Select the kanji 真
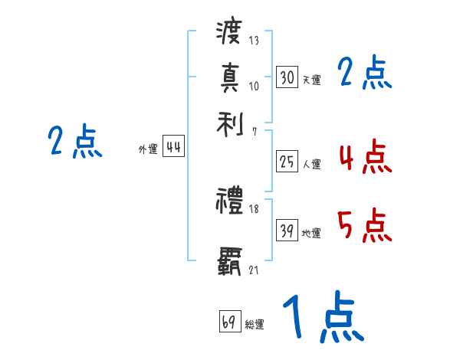[x=229, y=78]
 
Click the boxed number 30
[x=287, y=77]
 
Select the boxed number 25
[x=287, y=162]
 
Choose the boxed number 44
[x=174, y=148]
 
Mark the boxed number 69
[x=229, y=321]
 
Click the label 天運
[x=311, y=80]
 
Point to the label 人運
[x=311, y=164]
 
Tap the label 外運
[x=148, y=150]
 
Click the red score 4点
[x=364, y=157]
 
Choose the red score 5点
[x=364, y=225]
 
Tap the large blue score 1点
[x=322, y=318]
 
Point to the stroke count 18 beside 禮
[x=254, y=209]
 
